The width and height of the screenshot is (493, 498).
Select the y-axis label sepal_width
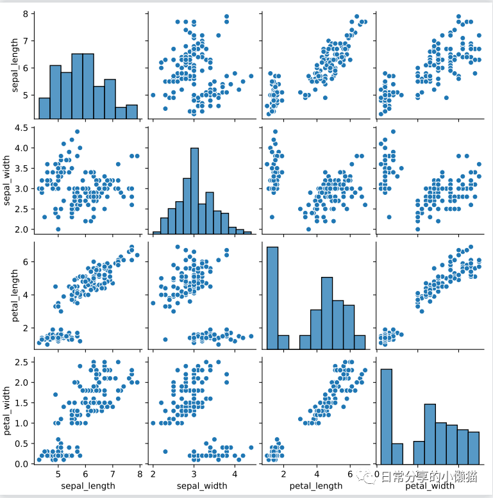[x=9, y=179]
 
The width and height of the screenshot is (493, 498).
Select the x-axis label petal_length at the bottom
[x=316, y=485]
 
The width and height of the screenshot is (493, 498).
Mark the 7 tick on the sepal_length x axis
[x=113, y=474]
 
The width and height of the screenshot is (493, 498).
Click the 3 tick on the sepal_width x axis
[x=194, y=474]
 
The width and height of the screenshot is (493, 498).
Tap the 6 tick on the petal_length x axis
[x=350, y=474]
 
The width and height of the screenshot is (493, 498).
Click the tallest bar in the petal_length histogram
[x=272, y=298]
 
